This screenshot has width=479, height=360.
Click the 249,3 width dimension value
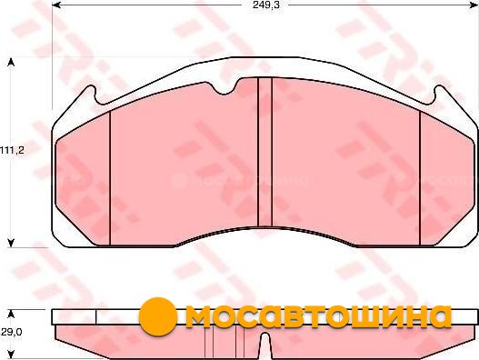[265, 5]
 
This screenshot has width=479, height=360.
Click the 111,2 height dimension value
[12, 150]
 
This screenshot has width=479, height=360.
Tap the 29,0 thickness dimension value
[11, 332]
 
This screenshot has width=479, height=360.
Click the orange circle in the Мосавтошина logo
[158, 316]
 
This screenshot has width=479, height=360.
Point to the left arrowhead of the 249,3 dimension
[56, 5]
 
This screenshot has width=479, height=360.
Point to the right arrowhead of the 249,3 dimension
[474, 5]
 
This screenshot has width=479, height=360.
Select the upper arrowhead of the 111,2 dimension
[11, 62]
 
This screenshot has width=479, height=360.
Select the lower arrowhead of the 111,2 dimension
[11, 243]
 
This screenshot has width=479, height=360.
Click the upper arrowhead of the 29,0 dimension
[11, 315]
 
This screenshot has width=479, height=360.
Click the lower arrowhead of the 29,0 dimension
[11, 355]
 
